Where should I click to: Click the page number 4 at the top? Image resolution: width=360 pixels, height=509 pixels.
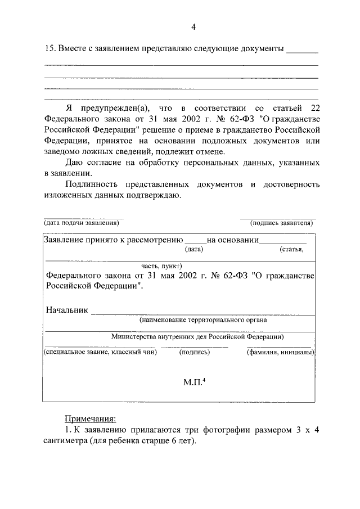point(193,26)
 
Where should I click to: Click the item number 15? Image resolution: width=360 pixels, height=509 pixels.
point(49,49)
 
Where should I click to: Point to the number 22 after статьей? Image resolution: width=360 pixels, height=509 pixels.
point(314,107)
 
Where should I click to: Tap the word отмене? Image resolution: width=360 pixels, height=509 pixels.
point(209,152)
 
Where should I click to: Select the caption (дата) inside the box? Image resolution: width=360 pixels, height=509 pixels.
point(193,250)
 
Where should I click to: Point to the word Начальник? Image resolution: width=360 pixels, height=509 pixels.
point(67,310)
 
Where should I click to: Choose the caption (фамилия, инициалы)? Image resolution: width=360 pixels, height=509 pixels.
point(280,352)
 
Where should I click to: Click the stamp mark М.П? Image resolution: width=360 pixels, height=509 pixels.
point(195,382)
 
